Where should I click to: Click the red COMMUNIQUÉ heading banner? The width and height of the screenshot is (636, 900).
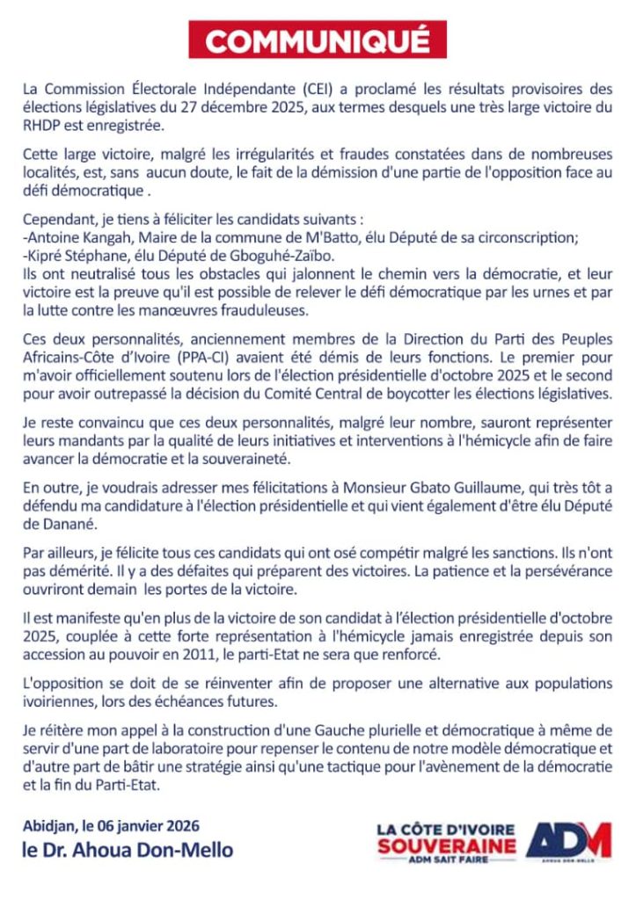tap(318, 40)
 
